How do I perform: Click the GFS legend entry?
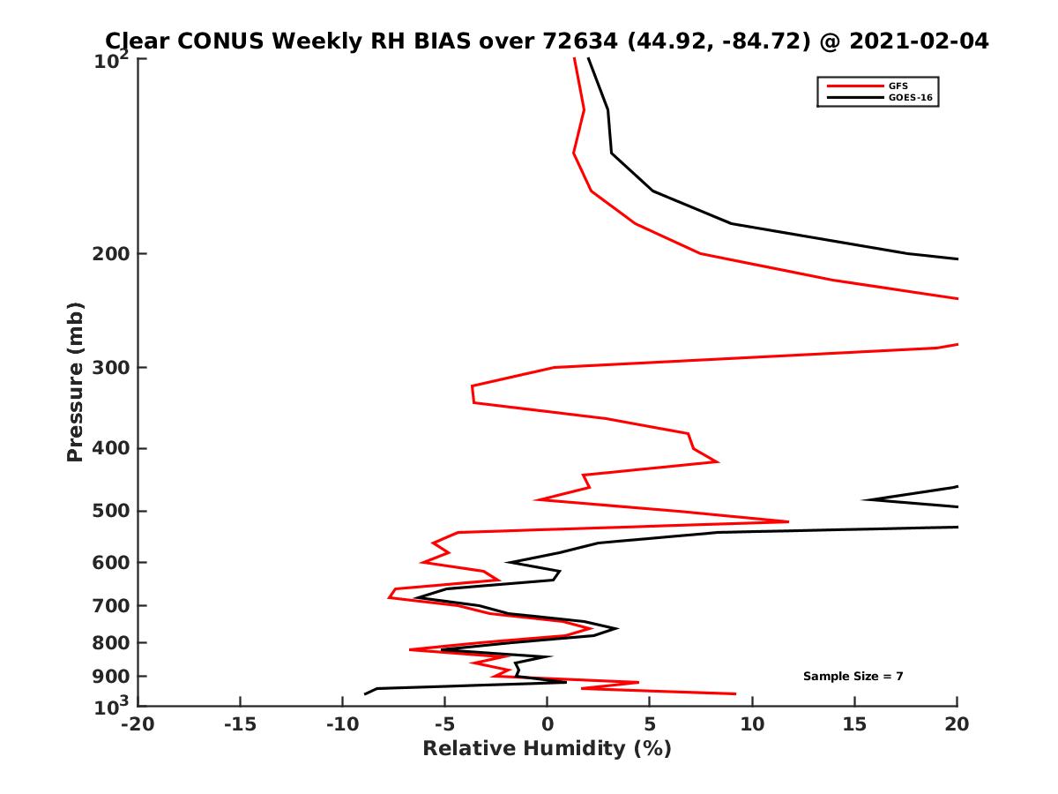(x=899, y=86)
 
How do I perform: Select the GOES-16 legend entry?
(x=908, y=97)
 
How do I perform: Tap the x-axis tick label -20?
(x=138, y=725)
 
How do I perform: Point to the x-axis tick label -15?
(x=240, y=725)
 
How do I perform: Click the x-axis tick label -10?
(x=342, y=725)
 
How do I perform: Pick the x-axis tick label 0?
(x=548, y=725)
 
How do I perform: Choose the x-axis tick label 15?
(x=854, y=725)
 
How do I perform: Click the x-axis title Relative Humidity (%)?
(x=547, y=749)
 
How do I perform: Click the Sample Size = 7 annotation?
(x=853, y=677)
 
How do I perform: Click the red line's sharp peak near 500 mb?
(x=787, y=521)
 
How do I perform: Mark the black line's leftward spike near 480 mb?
(x=864, y=499)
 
